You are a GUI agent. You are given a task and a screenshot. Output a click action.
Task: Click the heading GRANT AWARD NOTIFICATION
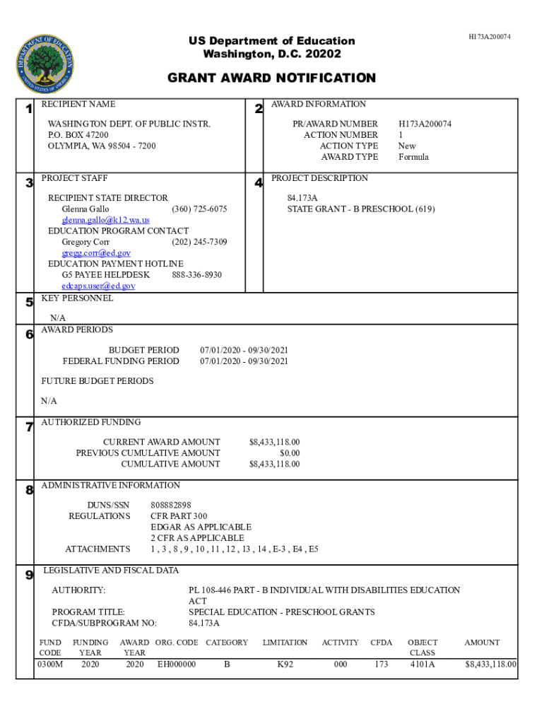pyautogui.click(x=271, y=78)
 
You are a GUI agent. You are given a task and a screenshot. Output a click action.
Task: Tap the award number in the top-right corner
pyautogui.click(x=489, y=36)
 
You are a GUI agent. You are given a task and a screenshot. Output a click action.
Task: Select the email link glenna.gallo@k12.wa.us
pyautogui.click(x=105, y=220)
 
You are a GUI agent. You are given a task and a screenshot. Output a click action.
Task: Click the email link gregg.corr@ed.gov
pyautogui.click(x=96, y=253)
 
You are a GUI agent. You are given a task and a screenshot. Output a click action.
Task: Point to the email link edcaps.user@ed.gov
pyautogui.click(x=98, y=286)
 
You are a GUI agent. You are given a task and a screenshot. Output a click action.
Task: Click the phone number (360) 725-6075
pyautogui.click(x=199, y=209)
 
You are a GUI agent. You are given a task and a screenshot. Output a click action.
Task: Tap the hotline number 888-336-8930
pyautogui.click(x=196, y=274)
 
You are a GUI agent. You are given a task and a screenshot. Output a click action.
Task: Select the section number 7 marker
pyautogui.click(x=29, y=427)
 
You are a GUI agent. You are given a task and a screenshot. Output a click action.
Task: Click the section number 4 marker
pyautogui.click(x=259, y=183)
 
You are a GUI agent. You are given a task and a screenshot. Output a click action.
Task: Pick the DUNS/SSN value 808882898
pyautogui.click(x=171, y=506)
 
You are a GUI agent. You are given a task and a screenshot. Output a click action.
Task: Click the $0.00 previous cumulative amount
pyautogui.click(x=289, y=453)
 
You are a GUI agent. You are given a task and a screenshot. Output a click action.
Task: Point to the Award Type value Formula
pyautogui.click(x=413, y=157)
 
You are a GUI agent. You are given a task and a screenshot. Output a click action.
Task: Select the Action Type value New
pyautogui.click(x=407, y=146)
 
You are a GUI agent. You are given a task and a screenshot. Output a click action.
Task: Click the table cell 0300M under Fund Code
pyautogui.click(x=50, y=665)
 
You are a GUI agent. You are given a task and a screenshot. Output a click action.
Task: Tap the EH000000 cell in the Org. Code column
pyautogui.click(x=177, y=665)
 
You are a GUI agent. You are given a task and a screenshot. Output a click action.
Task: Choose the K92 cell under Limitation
pyautogui.click(x=285, y=665)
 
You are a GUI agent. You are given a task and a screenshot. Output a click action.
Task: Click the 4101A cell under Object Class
pyautogui.click(x=422, y=665)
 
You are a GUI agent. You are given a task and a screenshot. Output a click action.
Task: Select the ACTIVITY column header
pyautogui.click(x=340, y=643)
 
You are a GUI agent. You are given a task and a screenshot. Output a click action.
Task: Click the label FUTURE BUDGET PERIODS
pyautogui.click(x=97, y=381)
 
